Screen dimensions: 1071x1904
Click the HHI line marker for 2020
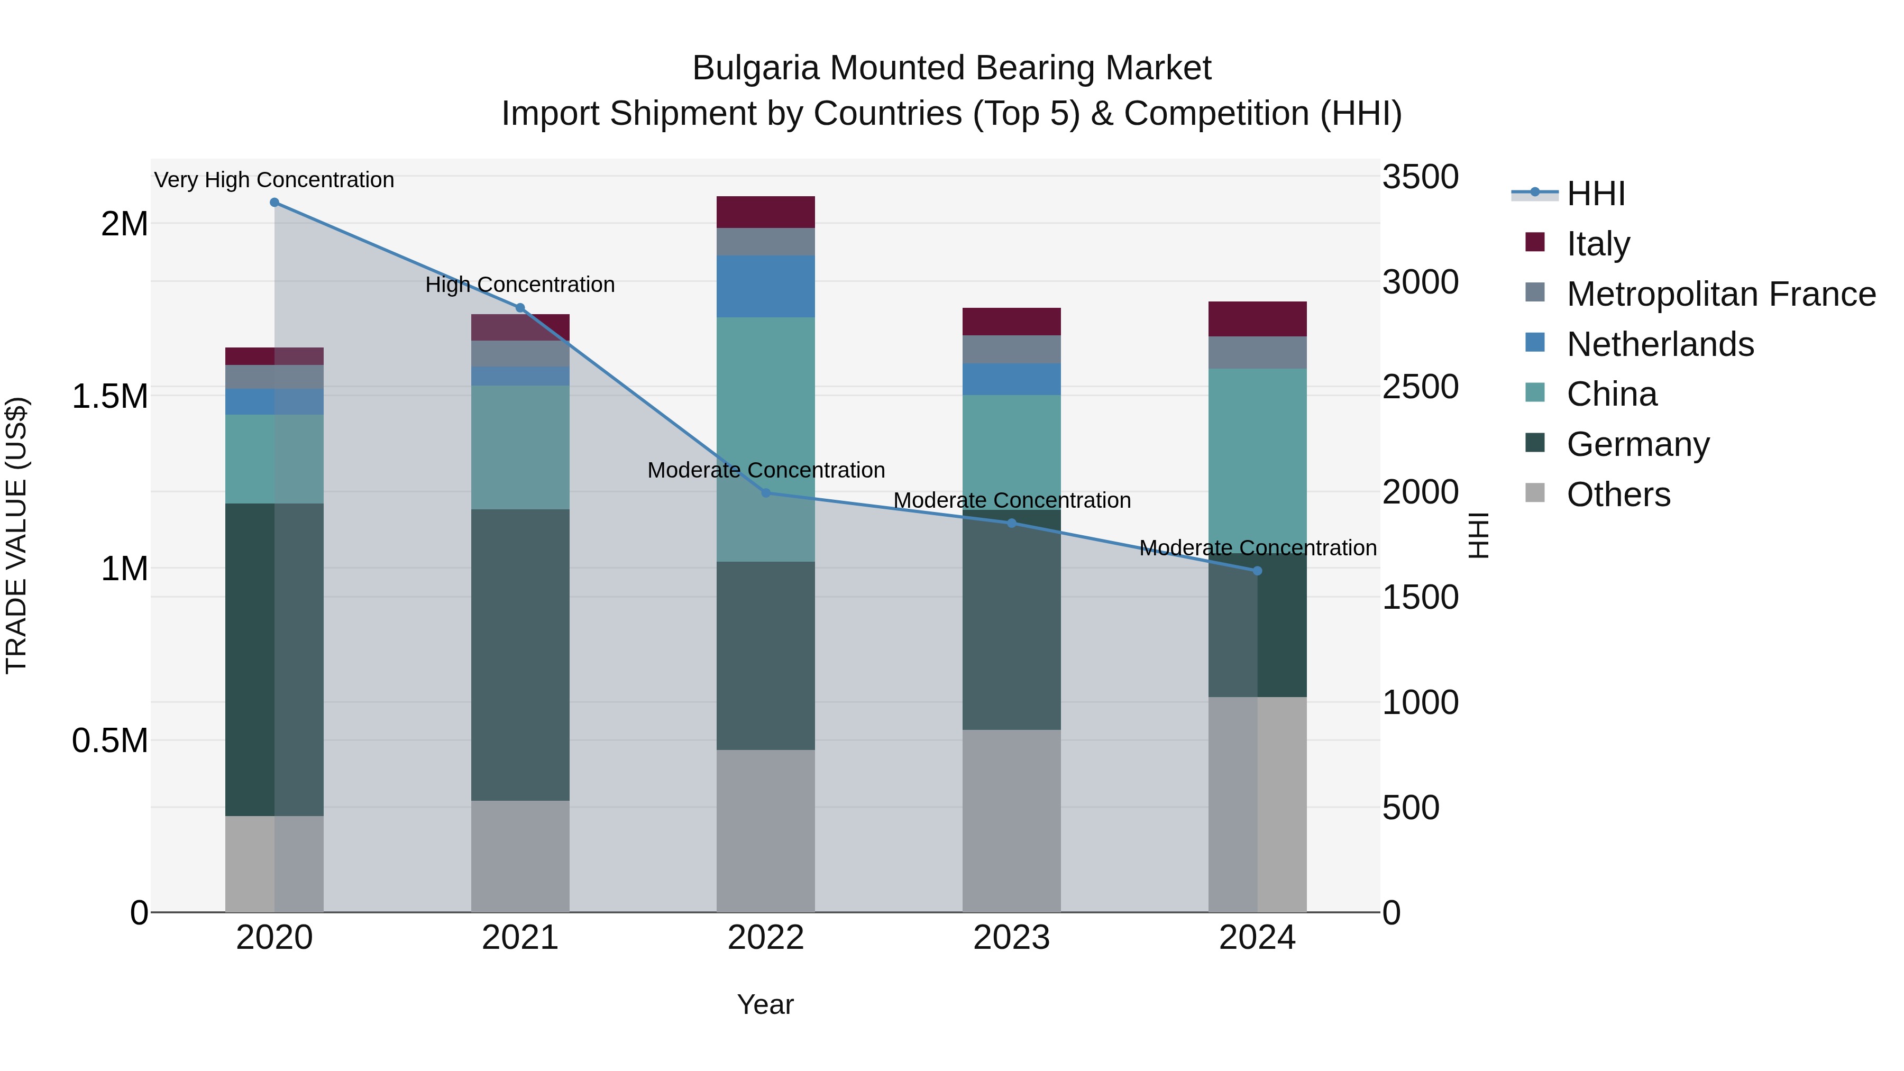tap(274, 203)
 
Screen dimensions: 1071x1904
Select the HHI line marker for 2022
tap(766, 493)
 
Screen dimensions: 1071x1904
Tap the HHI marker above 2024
tap(1257, 571)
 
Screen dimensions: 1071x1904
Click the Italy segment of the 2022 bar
tap(766, 212)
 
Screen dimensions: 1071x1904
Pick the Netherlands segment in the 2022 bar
tap(766, 287)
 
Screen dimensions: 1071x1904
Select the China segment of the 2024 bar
tap(1257, 458)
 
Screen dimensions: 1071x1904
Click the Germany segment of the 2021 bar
tap(520, 654)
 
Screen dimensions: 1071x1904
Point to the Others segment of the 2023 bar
tap(1011, 820)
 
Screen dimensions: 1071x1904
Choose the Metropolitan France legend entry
tap(1720, 294)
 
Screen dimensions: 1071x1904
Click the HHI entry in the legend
tap(1595, 194)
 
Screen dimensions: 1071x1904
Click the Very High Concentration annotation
tap(274, 180)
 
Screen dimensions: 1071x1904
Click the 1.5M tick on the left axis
tap(110, 397)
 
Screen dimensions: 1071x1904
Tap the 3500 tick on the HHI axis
tap(1420, 177)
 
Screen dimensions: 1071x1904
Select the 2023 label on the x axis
tap(1011, 938)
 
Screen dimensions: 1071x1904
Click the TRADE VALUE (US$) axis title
tap(16, 535)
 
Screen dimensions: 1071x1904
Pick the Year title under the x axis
tap(765, 1004)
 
